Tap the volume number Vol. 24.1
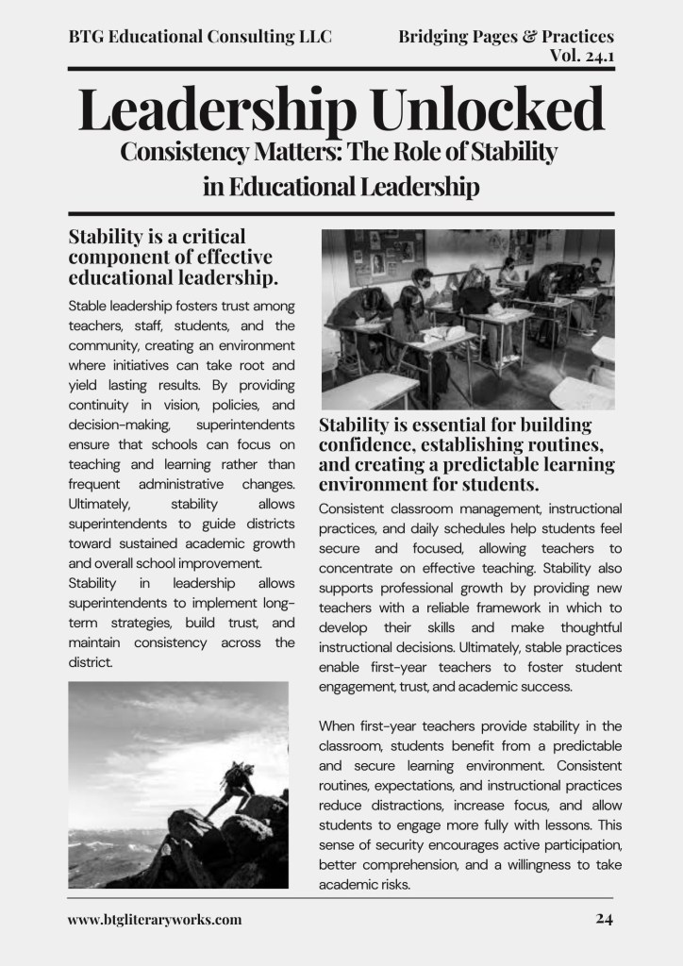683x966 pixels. [x=581, y=55]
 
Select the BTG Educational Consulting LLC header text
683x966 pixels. [x=200, y=37]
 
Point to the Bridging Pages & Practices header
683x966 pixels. [x=506, y=37]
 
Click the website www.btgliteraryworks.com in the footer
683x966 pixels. [x=155, y=919]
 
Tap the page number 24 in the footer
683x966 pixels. [x=605, y=919]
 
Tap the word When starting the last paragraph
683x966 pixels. [x=340, y=725]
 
